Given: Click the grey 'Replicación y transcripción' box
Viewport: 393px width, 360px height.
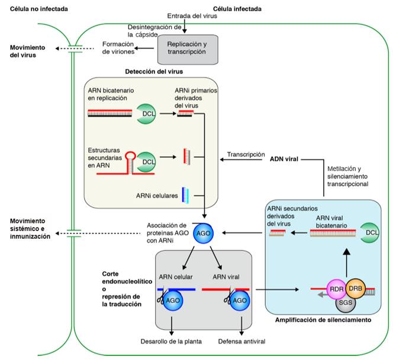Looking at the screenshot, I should [x=188, y=48].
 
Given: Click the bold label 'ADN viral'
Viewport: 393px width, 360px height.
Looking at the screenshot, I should [x=284, y=159].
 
